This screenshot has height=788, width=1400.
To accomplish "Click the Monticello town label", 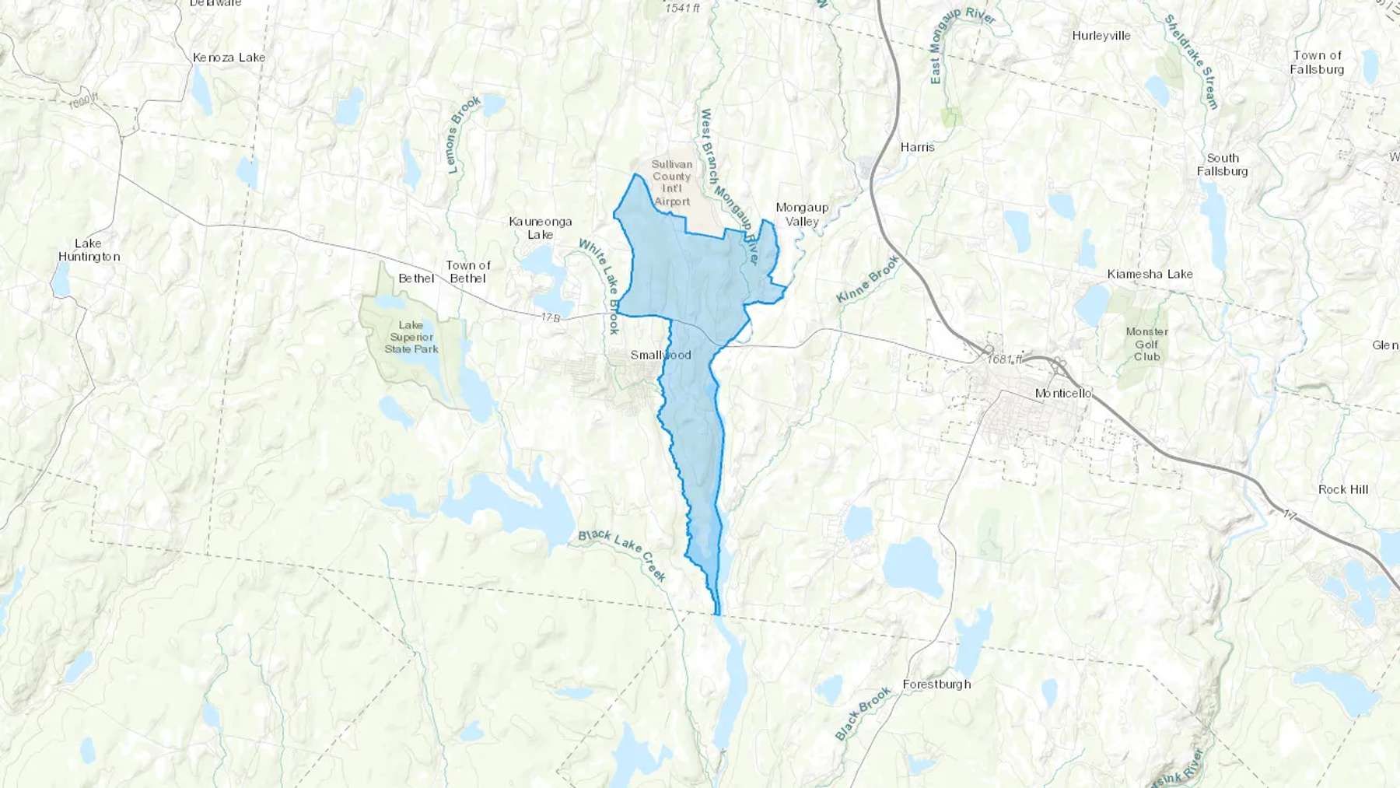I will click(1062, 394).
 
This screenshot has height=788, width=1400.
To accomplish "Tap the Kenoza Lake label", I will click(229, 58).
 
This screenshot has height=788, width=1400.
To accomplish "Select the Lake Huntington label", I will click(89, 250).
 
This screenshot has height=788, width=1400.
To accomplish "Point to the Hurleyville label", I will click(1101, 36).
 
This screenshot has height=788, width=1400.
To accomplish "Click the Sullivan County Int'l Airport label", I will click(672, 183).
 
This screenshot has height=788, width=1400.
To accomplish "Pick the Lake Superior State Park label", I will click(411, 337).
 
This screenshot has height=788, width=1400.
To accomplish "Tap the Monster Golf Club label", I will click(1146, 344).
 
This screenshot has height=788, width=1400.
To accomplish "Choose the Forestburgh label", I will click(936, 685).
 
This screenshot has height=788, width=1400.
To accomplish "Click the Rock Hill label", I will click(1342, 489).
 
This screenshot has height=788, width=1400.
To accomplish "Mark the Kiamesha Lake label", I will click(1150, 274).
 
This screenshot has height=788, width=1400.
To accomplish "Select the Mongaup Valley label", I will click(802, 214).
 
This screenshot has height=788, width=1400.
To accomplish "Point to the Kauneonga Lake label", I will click(540, 228).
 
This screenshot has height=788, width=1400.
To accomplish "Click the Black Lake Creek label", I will click(622, 555).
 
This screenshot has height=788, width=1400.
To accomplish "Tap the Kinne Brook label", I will click(867, 279).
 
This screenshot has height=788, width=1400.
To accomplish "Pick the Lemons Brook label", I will click(464, 134).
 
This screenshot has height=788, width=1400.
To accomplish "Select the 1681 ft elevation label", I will click(1005, 359).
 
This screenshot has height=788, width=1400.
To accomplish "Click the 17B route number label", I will click(550, 318).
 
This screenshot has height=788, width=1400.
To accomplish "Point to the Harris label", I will click(917, 147).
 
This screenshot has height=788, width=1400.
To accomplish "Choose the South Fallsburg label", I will click(1222, 165).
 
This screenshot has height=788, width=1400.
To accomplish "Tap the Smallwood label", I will click(660, 355).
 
